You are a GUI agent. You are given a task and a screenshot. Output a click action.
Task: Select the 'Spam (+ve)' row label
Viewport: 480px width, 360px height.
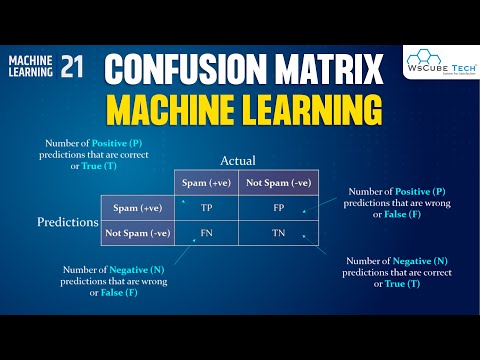[x=136, y=209]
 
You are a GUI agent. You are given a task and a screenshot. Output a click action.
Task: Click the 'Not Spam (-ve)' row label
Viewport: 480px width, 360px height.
[x=136, y=233]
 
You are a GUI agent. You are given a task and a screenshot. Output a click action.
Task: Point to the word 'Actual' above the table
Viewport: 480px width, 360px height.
[x=239, y=160]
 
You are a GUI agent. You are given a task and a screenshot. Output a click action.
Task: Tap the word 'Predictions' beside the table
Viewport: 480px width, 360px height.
[x=66, y=220]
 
